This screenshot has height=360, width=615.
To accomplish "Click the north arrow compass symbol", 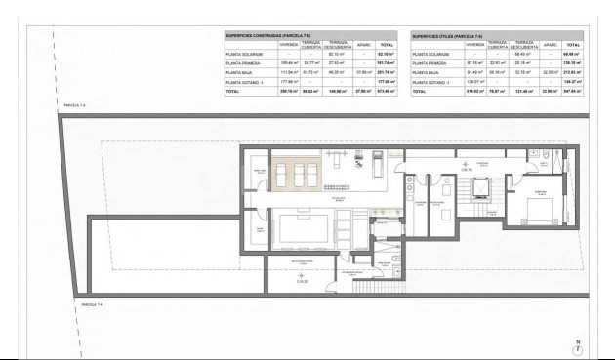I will click(x=579, y=348).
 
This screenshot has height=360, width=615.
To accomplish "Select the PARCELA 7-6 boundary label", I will click(x=70, y=305).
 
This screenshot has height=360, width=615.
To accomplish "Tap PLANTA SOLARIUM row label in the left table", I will click(x=240, y=55).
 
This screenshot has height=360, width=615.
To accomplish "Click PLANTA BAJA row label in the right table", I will click(x=426, y=73).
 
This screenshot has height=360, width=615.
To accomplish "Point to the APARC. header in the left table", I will click(x=363, y=45).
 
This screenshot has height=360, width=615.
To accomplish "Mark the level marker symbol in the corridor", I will click(x=467, y=167).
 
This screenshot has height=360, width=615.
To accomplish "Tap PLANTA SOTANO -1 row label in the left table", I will click(x=243, y=83).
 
